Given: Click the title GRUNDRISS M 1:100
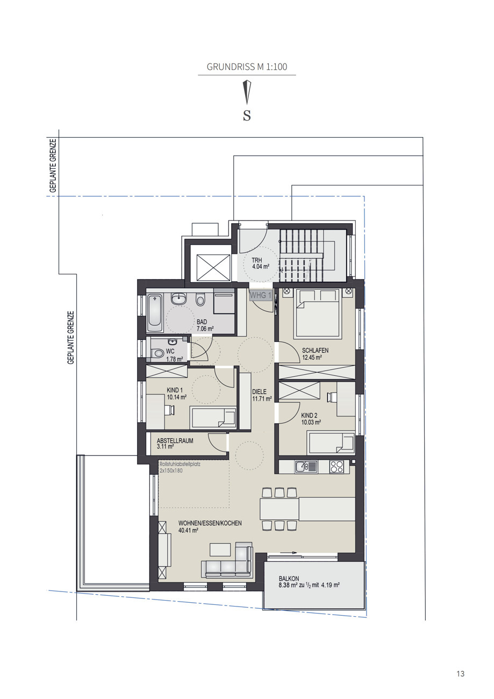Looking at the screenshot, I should tap(247, 67).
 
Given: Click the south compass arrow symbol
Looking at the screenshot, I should tap(247, 92).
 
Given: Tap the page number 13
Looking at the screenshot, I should tap(460, 674).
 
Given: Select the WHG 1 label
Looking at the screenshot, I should tap(261, 296).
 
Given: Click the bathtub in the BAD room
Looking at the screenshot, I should tap(155, 313).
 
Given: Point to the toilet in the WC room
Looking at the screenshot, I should tap(158, 353).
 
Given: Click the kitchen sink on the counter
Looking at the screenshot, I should tap(306, 467).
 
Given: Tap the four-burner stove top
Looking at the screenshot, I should tap(337, 467).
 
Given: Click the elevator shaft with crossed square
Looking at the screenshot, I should tap(213, 267).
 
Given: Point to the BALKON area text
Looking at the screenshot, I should tap(308, 582).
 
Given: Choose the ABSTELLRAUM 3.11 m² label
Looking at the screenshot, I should tap(175, 443).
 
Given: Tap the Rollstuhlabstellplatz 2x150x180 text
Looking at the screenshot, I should tap(180, 467).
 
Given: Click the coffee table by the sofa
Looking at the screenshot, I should tap(220, 550).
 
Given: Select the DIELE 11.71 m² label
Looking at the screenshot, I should tap(262, 395).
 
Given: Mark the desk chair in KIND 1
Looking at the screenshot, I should tap(170, 410).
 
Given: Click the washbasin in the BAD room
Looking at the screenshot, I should tap(178, 298).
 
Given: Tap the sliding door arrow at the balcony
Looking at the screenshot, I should tap(288, 553).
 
